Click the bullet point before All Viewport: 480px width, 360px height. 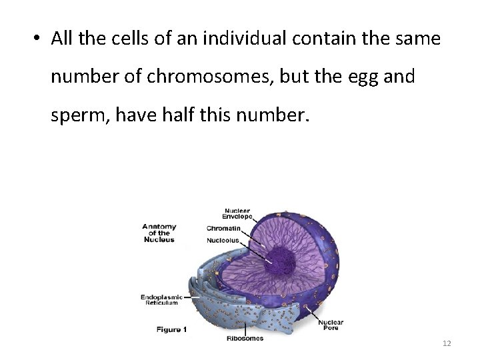pyautogui.click(x=35, y=39)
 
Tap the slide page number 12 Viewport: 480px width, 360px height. pyautogui.click(x=447, y=343)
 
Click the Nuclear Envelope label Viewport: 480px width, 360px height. pyautogui.click(x=238, y=214)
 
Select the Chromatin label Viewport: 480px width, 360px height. pyautogui.click(x=223, y=229)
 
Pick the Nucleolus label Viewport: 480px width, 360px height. pyautogui.click(x=223, y=241)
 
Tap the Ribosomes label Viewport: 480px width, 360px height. pyautogui.click(x=245, y=338)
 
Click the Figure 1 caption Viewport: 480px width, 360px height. pyautogui.click(x=171, y=329)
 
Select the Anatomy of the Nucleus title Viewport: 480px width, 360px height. pyautogui.click(x=159, y=233)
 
